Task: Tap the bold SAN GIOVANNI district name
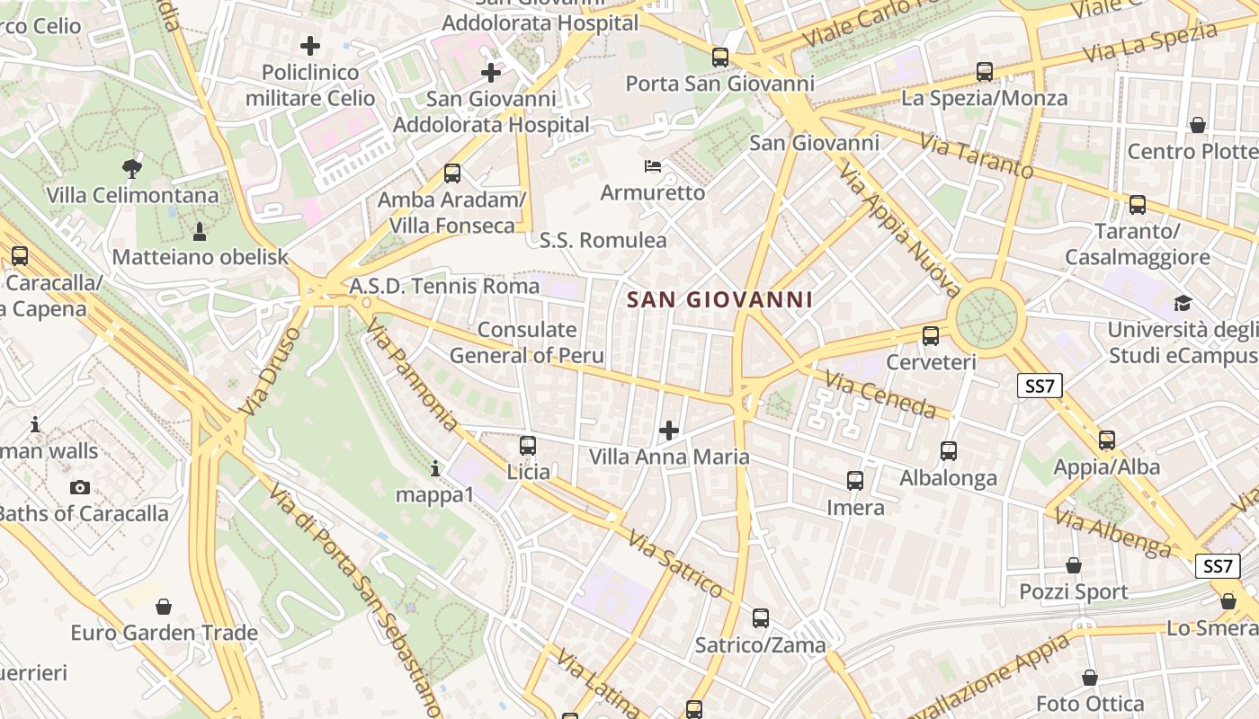[719, 300]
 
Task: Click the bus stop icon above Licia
[528, 445]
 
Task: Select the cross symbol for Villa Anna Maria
[669, 431]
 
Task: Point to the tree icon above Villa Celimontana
[132, 167]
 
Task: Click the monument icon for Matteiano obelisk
[200, 231]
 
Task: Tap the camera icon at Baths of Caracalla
[80, 487]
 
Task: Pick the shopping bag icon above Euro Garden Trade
[164, 607]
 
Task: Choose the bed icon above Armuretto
[654, 166]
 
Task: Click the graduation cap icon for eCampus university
[1183, 303]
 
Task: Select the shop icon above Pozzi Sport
[1073, 565]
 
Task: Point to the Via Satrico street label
[675, 564]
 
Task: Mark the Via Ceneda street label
[880, 396]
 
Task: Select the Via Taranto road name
[977, 155]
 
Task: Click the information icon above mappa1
[435, 468]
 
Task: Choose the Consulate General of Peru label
[527, 342]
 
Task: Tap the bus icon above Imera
[855, 481]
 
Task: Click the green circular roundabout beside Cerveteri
[988, 317]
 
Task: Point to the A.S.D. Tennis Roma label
[444, 286]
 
